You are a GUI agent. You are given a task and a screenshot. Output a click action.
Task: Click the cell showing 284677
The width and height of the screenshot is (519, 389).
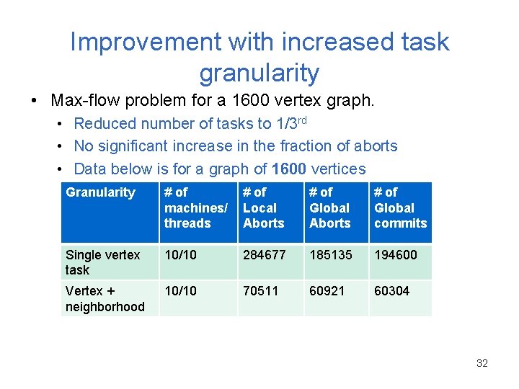coord(264,255)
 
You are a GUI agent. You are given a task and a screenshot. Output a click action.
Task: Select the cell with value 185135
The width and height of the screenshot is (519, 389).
coord(330,255)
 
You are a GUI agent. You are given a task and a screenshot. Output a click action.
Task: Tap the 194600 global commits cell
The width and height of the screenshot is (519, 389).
coord(395,255)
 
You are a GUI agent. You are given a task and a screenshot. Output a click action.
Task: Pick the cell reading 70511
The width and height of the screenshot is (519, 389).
coord(261,291)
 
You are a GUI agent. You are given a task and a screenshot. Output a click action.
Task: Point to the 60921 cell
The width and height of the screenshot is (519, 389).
coord(327,291)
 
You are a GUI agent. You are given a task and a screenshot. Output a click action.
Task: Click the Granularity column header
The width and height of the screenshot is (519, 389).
coord(100,192)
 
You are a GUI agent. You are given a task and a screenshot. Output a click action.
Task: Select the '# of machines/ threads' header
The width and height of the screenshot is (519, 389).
coord(195,207)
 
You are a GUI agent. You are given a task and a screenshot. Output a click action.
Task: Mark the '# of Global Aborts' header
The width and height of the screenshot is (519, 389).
coord(330,207)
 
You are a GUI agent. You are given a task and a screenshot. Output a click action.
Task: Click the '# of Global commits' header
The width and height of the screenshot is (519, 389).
coord(400,207)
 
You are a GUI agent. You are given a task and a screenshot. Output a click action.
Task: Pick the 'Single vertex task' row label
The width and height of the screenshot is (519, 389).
coord(102,262)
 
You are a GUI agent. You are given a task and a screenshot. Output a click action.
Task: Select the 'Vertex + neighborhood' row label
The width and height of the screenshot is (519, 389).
coord(105,298)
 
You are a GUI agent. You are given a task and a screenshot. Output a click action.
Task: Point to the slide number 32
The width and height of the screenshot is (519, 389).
coord(482,363)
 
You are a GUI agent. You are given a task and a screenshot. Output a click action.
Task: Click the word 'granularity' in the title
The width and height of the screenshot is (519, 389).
coord(259,73)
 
